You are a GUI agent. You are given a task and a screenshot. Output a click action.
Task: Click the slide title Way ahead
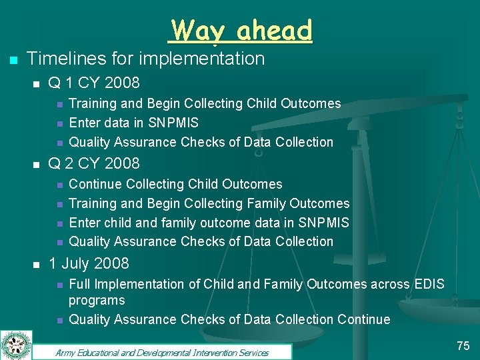tap(241, 30)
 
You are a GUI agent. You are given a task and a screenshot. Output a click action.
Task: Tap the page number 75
tap(463, 345)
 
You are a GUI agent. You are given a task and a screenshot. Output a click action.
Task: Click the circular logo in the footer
tap(16, 345)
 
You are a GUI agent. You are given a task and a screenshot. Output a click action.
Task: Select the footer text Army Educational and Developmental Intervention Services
tap(162, 353)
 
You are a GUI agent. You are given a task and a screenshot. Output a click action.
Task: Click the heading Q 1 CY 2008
tap(94, 83)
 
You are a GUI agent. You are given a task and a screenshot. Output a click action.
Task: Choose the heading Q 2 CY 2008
tap(94, 163)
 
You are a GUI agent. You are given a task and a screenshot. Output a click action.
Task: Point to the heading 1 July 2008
tap(89, 263)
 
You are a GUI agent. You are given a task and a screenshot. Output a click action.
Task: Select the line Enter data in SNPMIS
tap(133, 123)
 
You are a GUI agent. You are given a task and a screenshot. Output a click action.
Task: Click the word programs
tap(97, 300)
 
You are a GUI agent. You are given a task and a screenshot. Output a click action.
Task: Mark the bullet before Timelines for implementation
tap(12, 60)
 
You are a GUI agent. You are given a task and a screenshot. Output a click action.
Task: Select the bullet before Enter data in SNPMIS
tap(59, 123)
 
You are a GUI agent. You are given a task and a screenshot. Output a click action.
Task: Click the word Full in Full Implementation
tap(81, 284)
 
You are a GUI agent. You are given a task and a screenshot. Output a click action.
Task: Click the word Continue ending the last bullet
tap(364, 319)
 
